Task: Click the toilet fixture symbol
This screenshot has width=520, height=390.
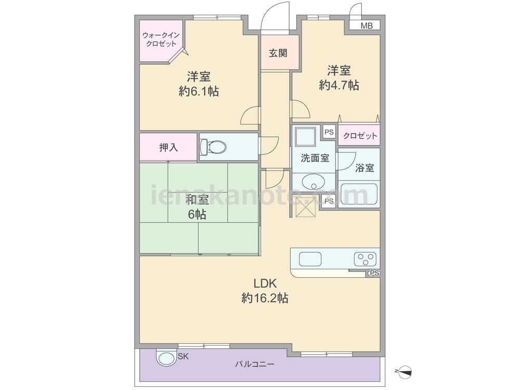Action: [213, 147]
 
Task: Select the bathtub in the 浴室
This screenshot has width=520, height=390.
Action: [359, 194]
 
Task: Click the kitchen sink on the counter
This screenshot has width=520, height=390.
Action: [310, 258]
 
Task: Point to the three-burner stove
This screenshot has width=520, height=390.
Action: [365, 258]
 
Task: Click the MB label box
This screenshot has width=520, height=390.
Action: [367, 25]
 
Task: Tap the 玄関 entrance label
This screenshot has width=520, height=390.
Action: [278, 53]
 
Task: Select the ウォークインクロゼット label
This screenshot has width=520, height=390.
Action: [161, 40]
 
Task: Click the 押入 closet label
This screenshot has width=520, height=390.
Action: [168, 148]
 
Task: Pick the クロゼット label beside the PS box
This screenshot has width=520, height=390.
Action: [360, 136]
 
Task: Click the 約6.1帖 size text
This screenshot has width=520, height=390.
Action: [199, 91]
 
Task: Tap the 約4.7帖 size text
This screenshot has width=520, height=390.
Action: [339, 86]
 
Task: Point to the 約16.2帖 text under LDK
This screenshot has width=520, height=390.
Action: [265, 298]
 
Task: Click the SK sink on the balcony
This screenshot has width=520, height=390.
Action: [166, 358]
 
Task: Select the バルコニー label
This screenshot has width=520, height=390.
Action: [255, 364]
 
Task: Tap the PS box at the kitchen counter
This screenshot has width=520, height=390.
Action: [373, 274]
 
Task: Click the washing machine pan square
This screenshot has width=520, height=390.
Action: [305, 136]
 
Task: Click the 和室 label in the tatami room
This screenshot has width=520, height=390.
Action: [197, 200]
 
